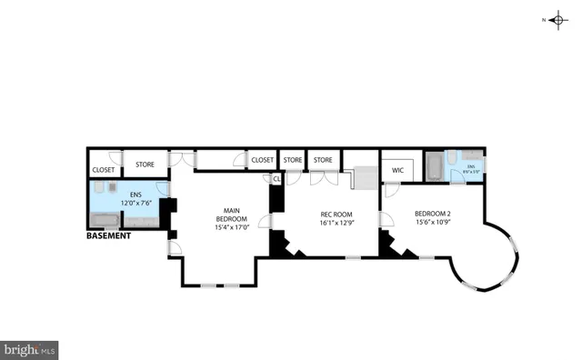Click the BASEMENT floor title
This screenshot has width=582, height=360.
(x=108, y=235)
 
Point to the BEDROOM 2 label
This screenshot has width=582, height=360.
(x=433, y=214)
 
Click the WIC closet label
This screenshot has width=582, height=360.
(x=397, y=169)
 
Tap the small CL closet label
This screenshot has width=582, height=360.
(x=276, y=178)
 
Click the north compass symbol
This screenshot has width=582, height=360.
(x=557, y=18)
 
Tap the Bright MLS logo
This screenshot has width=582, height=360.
(x=30, y=348)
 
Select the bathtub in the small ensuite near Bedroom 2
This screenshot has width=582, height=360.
(x=434, y=169)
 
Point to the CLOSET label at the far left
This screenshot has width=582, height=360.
(x=103, y=169)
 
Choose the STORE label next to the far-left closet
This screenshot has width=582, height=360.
(x=145, y=165)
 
